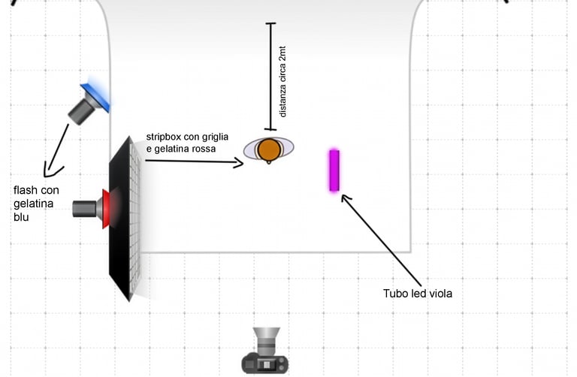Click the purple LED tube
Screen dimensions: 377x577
point(334,170)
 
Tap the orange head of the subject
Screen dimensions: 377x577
point(269,149)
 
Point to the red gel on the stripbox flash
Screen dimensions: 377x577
point(106,207)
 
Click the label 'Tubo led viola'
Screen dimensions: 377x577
point(417,294)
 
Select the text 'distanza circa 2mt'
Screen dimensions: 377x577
point(282,81)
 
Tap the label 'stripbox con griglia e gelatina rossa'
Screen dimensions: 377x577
point(187,143)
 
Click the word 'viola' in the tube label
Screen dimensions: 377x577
point(439,294)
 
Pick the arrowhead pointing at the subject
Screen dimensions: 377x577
point(239,161)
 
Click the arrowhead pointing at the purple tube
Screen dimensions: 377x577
point(346,198)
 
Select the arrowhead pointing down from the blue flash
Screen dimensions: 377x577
point(50,171)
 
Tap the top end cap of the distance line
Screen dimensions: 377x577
point(269,24)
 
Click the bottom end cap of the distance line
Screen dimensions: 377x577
point(269,129)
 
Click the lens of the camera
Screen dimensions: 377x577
point(267,337)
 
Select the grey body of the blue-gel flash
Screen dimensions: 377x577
point(80,111)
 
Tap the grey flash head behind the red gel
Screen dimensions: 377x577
point(86,208)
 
